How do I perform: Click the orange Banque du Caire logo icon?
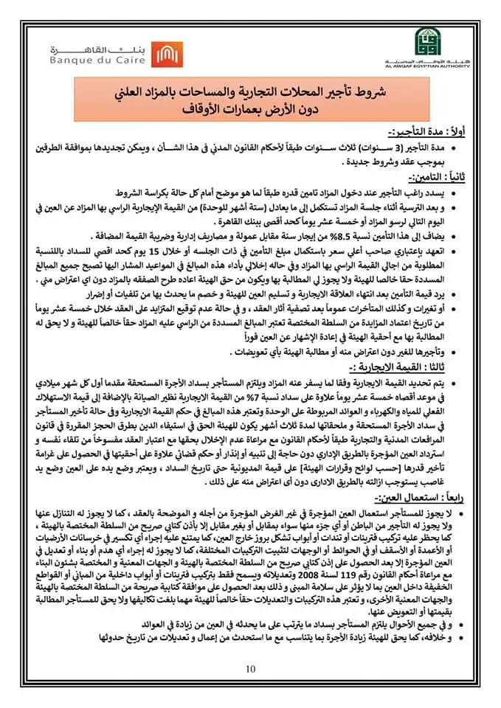(165, 53)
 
